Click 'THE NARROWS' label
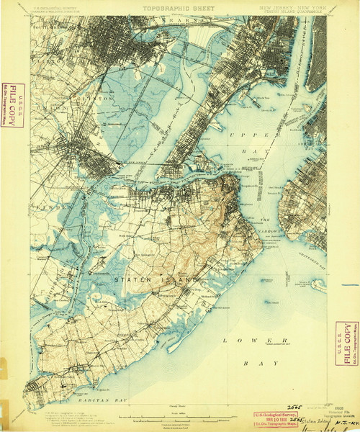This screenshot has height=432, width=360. pyautogui.click(x=266, y=220)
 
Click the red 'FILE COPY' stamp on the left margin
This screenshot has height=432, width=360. pyautogui.click(x=12, y=105)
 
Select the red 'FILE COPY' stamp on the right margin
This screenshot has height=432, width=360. pyautogui.click(x=346, y=343)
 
